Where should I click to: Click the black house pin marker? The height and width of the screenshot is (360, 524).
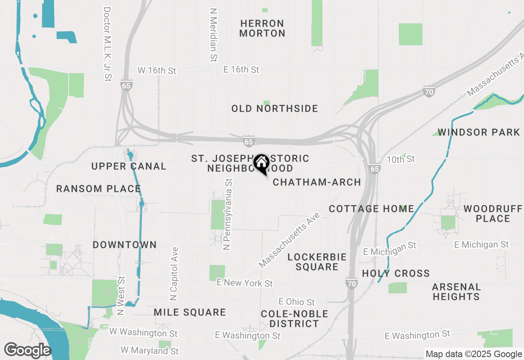click(x=261, y=164)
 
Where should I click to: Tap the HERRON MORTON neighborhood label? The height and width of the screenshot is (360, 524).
click(x=262, y=28)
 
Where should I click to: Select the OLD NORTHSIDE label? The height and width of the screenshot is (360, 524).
click(x=275, y=108)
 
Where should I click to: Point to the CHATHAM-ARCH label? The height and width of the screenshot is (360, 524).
click(x=317, y=182)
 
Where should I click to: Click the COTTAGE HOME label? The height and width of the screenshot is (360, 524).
click(x=371, y=209)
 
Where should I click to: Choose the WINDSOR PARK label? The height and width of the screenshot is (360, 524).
click(x=479, y=132)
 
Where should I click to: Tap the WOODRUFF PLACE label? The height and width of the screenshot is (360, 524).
click(x=493, y=214)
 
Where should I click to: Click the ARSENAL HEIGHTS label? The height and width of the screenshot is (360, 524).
click(x=456, y=292)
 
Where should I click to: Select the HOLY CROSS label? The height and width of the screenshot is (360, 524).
click(x=396, y=273)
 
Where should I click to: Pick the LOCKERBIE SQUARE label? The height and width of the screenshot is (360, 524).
click(x=317, y=262)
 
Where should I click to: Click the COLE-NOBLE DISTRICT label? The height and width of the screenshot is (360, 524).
click(x=294, y=319)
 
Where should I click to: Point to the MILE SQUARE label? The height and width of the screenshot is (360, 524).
click(x=190, y=313)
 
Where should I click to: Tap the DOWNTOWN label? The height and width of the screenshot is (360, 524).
click(x=124, y=245)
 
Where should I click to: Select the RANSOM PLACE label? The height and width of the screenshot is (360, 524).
click(x=98, y=189)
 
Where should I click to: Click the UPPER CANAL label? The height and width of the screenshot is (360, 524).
click(x=129, y=166)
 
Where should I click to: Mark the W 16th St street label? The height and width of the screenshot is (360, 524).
click(x=157, y=70)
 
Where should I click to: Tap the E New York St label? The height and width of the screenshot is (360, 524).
click(x=244, y=283)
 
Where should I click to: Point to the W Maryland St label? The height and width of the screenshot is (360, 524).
click(x=150, y=351)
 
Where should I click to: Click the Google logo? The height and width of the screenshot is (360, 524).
click(x=27, y=350)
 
